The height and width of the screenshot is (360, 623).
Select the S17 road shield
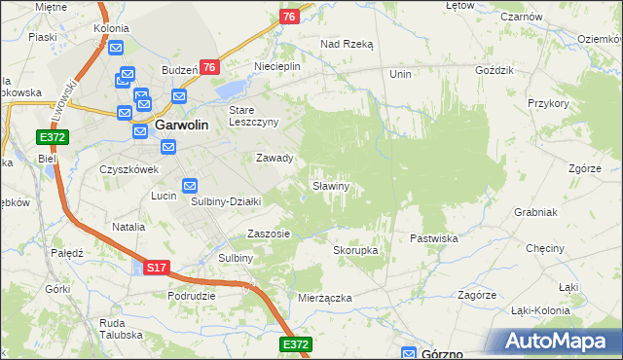coord(157,267)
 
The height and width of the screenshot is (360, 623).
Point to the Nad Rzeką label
coord(347,44)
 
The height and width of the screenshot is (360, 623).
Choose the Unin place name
coord(400,74)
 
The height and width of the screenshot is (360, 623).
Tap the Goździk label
coord(491,72)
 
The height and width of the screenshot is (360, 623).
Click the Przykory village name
coord(547,102)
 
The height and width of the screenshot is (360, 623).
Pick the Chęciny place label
coord(545,248)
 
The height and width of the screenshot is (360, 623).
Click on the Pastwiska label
coord(433,237)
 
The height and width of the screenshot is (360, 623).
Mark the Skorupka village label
coord(355,250)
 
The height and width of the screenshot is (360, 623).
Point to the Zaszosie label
coord(269,234)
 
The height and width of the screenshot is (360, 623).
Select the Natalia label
coord(128,227)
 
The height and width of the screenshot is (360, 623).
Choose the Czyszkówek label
coord(128,168)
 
